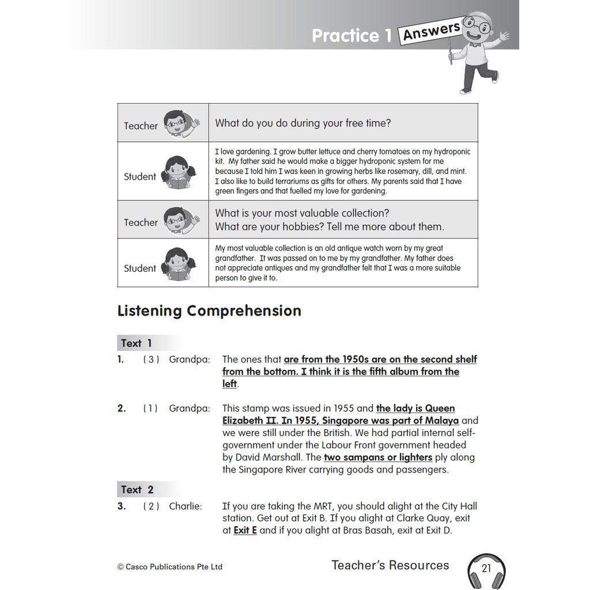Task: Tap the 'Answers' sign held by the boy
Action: (432, 31)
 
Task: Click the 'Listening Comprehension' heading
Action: (209, 311)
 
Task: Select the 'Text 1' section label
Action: (137, 343)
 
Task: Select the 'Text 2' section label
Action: (137, 490)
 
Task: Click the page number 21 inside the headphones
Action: (486, 568)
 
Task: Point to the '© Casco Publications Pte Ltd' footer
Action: (169, 567)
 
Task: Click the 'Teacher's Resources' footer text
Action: (390, 565)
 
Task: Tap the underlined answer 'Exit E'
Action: (245, 531)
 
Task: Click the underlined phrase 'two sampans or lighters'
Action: (378, 457)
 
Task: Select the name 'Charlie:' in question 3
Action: (186, 506)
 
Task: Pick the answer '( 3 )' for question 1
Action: (151, 360)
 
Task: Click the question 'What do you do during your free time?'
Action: (303, 123)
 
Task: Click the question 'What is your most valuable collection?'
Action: (302, 213)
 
